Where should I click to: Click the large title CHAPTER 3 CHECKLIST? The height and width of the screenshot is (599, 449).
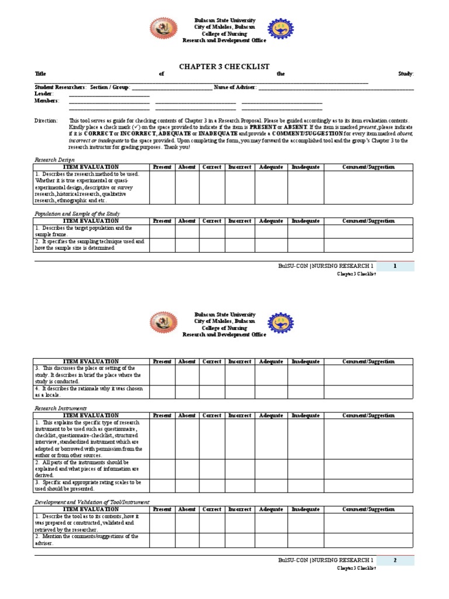pos(224,67)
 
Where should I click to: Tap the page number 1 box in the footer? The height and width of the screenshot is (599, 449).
pos(395,266)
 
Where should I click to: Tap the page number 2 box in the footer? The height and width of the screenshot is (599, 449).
pos(395,560)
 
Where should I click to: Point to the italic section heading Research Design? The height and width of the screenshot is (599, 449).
pos(54,160)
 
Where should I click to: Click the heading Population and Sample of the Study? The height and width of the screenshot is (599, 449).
pos(77,214)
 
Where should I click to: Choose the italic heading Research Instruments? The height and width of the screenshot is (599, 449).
pos(60,408)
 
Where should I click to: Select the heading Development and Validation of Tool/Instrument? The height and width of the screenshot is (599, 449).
pos(92,502)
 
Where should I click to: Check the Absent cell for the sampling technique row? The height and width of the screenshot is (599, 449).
pos(186,245)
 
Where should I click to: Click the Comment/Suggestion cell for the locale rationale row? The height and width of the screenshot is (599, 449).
pos(368,391)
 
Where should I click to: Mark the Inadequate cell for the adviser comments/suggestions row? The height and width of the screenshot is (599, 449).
pos(306,540)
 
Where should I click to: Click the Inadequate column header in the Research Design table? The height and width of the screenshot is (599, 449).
pos(306,167)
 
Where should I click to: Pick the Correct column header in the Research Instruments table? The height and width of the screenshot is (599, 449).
pos(212,415)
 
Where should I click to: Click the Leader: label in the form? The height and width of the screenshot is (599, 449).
pos(44,94)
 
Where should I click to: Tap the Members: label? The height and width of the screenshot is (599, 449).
pos(47,101)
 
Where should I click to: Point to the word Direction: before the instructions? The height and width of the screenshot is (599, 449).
pos(46,120)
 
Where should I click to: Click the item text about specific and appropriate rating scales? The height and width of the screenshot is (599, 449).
pos(88,485)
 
